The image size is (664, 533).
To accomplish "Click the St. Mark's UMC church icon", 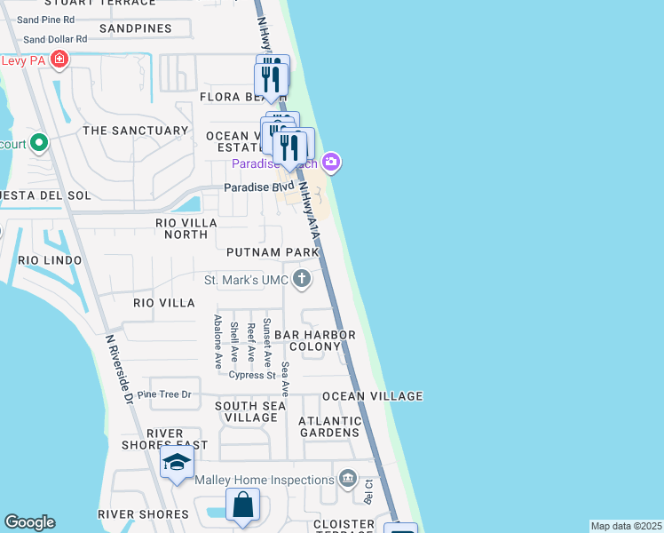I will click(x=303, y=281).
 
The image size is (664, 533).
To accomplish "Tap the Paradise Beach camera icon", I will click(x=331, y=162).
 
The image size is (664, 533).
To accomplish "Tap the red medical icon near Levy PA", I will click(x=59, y=60).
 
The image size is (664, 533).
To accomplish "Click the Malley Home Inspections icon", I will click(x=347, y=481).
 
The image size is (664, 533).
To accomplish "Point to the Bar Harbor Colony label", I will click(x=314, y=341).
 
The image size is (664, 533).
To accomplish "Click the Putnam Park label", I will click(x=272, y=253).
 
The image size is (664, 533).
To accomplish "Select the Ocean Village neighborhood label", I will click(x=372, y=396).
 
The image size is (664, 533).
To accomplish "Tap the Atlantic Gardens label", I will click(x=330, y=427).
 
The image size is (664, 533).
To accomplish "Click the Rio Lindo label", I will click(x=50, y=260).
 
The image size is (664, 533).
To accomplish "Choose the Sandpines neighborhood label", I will click(x=135, y=29).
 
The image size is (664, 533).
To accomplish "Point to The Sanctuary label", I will click(x=135, y=131).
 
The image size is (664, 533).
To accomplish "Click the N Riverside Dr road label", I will click(x=117, y=370).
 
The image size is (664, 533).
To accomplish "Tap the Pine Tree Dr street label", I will click(x=164, y=394).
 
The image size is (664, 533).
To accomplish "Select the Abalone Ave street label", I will click(x=217, y=342).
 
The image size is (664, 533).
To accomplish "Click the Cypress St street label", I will click(x=252, y=375).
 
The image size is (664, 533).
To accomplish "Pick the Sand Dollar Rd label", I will click(x=55, y=39).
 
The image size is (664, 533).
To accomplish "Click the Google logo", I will click(x=29, y=522).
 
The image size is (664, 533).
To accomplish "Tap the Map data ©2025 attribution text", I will click(x=625, y=526).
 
